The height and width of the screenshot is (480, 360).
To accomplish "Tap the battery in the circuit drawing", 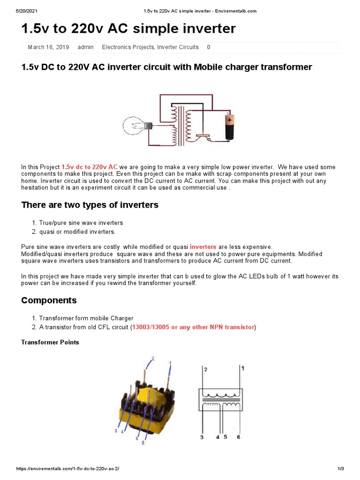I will pyautogui.click(x=229, y=127).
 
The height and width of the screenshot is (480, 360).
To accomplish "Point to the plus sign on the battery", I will pyautogui.click(x=230, y=120).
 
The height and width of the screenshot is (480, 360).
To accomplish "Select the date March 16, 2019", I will pyautogui.click(x=48, y=47).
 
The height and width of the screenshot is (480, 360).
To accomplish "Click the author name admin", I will pyautogui.click(x=85, y=47).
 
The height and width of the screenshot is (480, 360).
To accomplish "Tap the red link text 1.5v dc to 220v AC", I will pyautogui.click(x=90, y=167).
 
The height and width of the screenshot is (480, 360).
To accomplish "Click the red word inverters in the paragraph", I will pyautogui.click(x=203, y=247).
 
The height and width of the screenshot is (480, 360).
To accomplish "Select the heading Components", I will pyautogui.click(x=49, y=300).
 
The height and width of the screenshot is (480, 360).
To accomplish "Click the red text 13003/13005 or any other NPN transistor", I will pyautogui.click(x=193, y=327).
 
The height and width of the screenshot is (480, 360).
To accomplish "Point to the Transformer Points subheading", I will pyautogui.click(x=50, y=342).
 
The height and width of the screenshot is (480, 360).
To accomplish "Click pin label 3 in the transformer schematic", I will pyautogui.click(x=202, y=437).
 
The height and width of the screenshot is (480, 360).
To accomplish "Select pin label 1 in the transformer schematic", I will pyautogui.click(x=242, y=368).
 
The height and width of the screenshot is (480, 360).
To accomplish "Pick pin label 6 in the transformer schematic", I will pyautogui.click(x=239, y=437).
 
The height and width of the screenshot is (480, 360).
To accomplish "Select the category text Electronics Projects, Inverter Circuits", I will pyautogui.click(x=150, y=47).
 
